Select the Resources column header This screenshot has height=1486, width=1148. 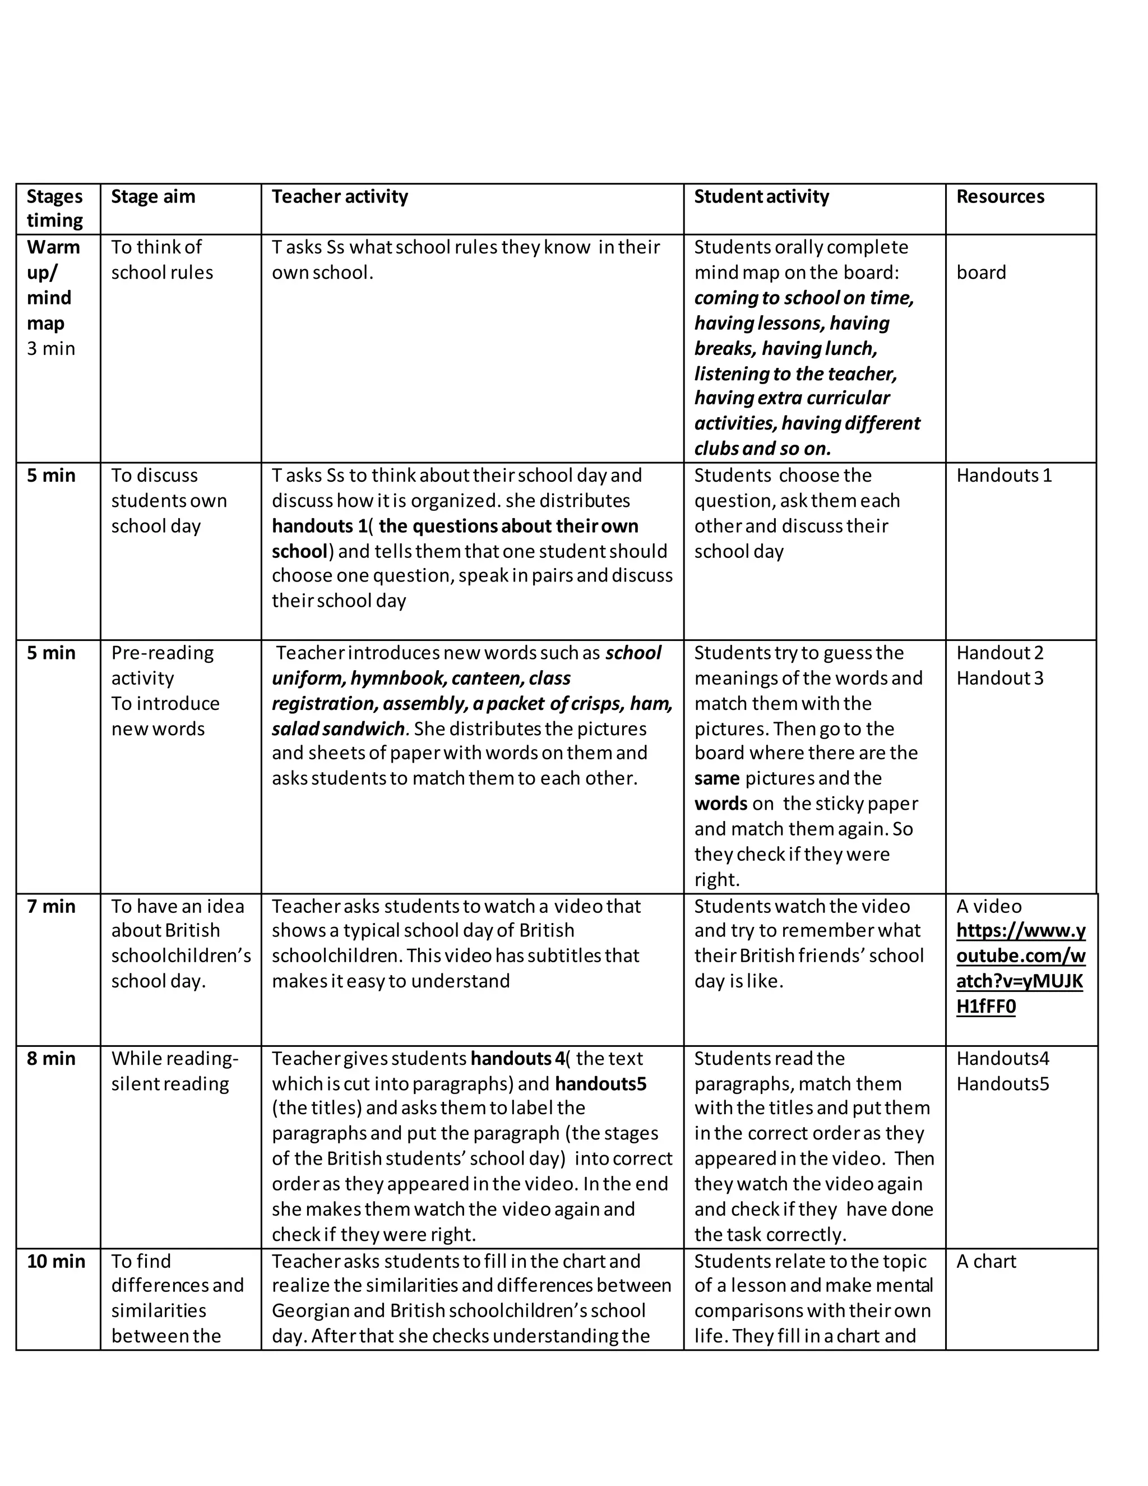coord(1000,197)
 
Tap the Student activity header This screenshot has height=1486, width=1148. coord(761,197)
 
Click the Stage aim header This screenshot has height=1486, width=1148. coord(153,197)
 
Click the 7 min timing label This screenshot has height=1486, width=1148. coord(51,906)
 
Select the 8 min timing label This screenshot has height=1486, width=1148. coord(51,1059)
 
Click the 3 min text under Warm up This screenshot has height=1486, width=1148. coord(51,348)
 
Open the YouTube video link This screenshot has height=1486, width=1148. coord(1020,968)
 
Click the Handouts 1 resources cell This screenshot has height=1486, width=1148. coord(1004,475)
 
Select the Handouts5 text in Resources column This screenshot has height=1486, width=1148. coord(1002,1084)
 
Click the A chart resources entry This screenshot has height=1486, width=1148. coord(985,1262)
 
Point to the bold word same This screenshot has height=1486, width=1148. coord(717,778)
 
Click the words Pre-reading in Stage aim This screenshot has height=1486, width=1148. coord(162,653)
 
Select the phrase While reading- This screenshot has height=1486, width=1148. coord(175,1059)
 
